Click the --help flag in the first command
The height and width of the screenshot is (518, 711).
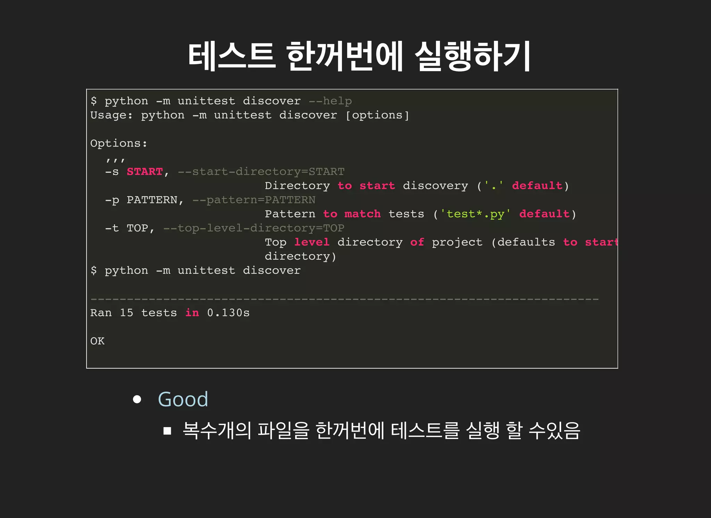click(330, 101)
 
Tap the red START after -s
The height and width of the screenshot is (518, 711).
click(145, 172)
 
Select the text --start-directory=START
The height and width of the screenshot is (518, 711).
click(261, 172)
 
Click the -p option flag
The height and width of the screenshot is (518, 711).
click(112, 200)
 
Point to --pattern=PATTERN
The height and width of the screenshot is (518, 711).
click(254, 200)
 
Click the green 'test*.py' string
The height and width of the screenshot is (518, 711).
click(475, 214)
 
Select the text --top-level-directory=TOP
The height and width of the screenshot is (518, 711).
click(254, 228)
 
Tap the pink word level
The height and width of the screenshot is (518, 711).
click(312, 242)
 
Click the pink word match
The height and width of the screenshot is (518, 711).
click(362, 214)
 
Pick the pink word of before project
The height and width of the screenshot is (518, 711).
click(417, 242)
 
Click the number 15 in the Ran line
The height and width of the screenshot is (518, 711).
click(126, 313)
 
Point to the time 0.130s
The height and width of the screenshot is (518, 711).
click(228, 313)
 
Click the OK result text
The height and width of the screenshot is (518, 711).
click(97, 341)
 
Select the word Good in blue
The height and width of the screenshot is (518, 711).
click(183, 399)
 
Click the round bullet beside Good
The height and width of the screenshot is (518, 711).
click(137, 399)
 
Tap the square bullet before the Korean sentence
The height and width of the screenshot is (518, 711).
click(167, 431)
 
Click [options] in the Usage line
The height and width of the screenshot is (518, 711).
click(377, 115)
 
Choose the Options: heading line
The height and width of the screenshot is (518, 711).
click(119, 143)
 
